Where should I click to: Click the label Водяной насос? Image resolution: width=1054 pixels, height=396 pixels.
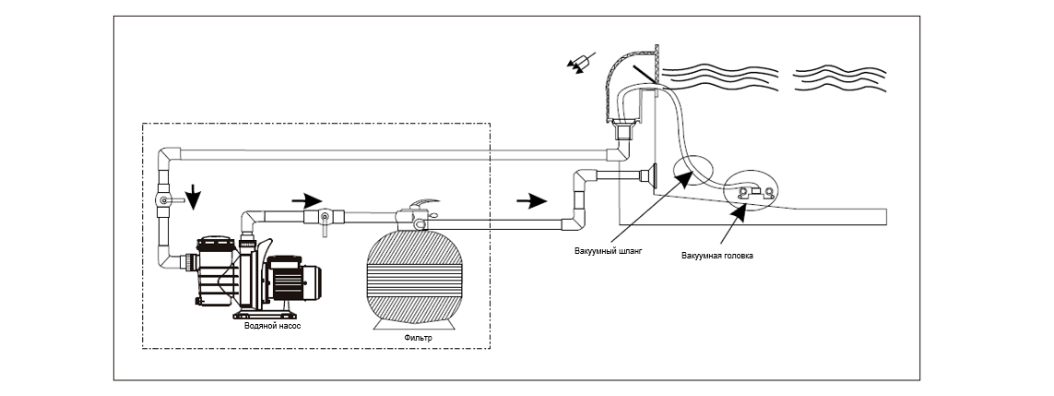click(272, 325)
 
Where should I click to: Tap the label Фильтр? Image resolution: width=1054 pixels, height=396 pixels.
click(419, 338)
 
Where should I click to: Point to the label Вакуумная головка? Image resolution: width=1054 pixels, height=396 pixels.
click(716, 256)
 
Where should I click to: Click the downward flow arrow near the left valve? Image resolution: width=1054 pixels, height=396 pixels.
click(194, 197)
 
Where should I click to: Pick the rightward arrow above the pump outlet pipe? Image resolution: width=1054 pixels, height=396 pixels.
click(307, 199)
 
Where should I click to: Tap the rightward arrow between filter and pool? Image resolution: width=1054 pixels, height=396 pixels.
click(532, 199)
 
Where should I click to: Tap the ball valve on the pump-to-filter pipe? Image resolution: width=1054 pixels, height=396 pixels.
click(325, 219)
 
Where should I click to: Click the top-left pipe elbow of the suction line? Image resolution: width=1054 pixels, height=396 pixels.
click(170, 159)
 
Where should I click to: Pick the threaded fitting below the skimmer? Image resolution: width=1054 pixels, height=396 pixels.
click(624, 128)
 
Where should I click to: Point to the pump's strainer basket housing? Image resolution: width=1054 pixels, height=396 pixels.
click(215, 272)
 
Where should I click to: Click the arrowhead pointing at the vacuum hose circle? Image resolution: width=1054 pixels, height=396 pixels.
click(686, 177)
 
